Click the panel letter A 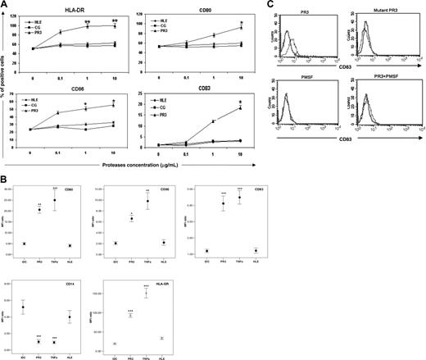5,6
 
